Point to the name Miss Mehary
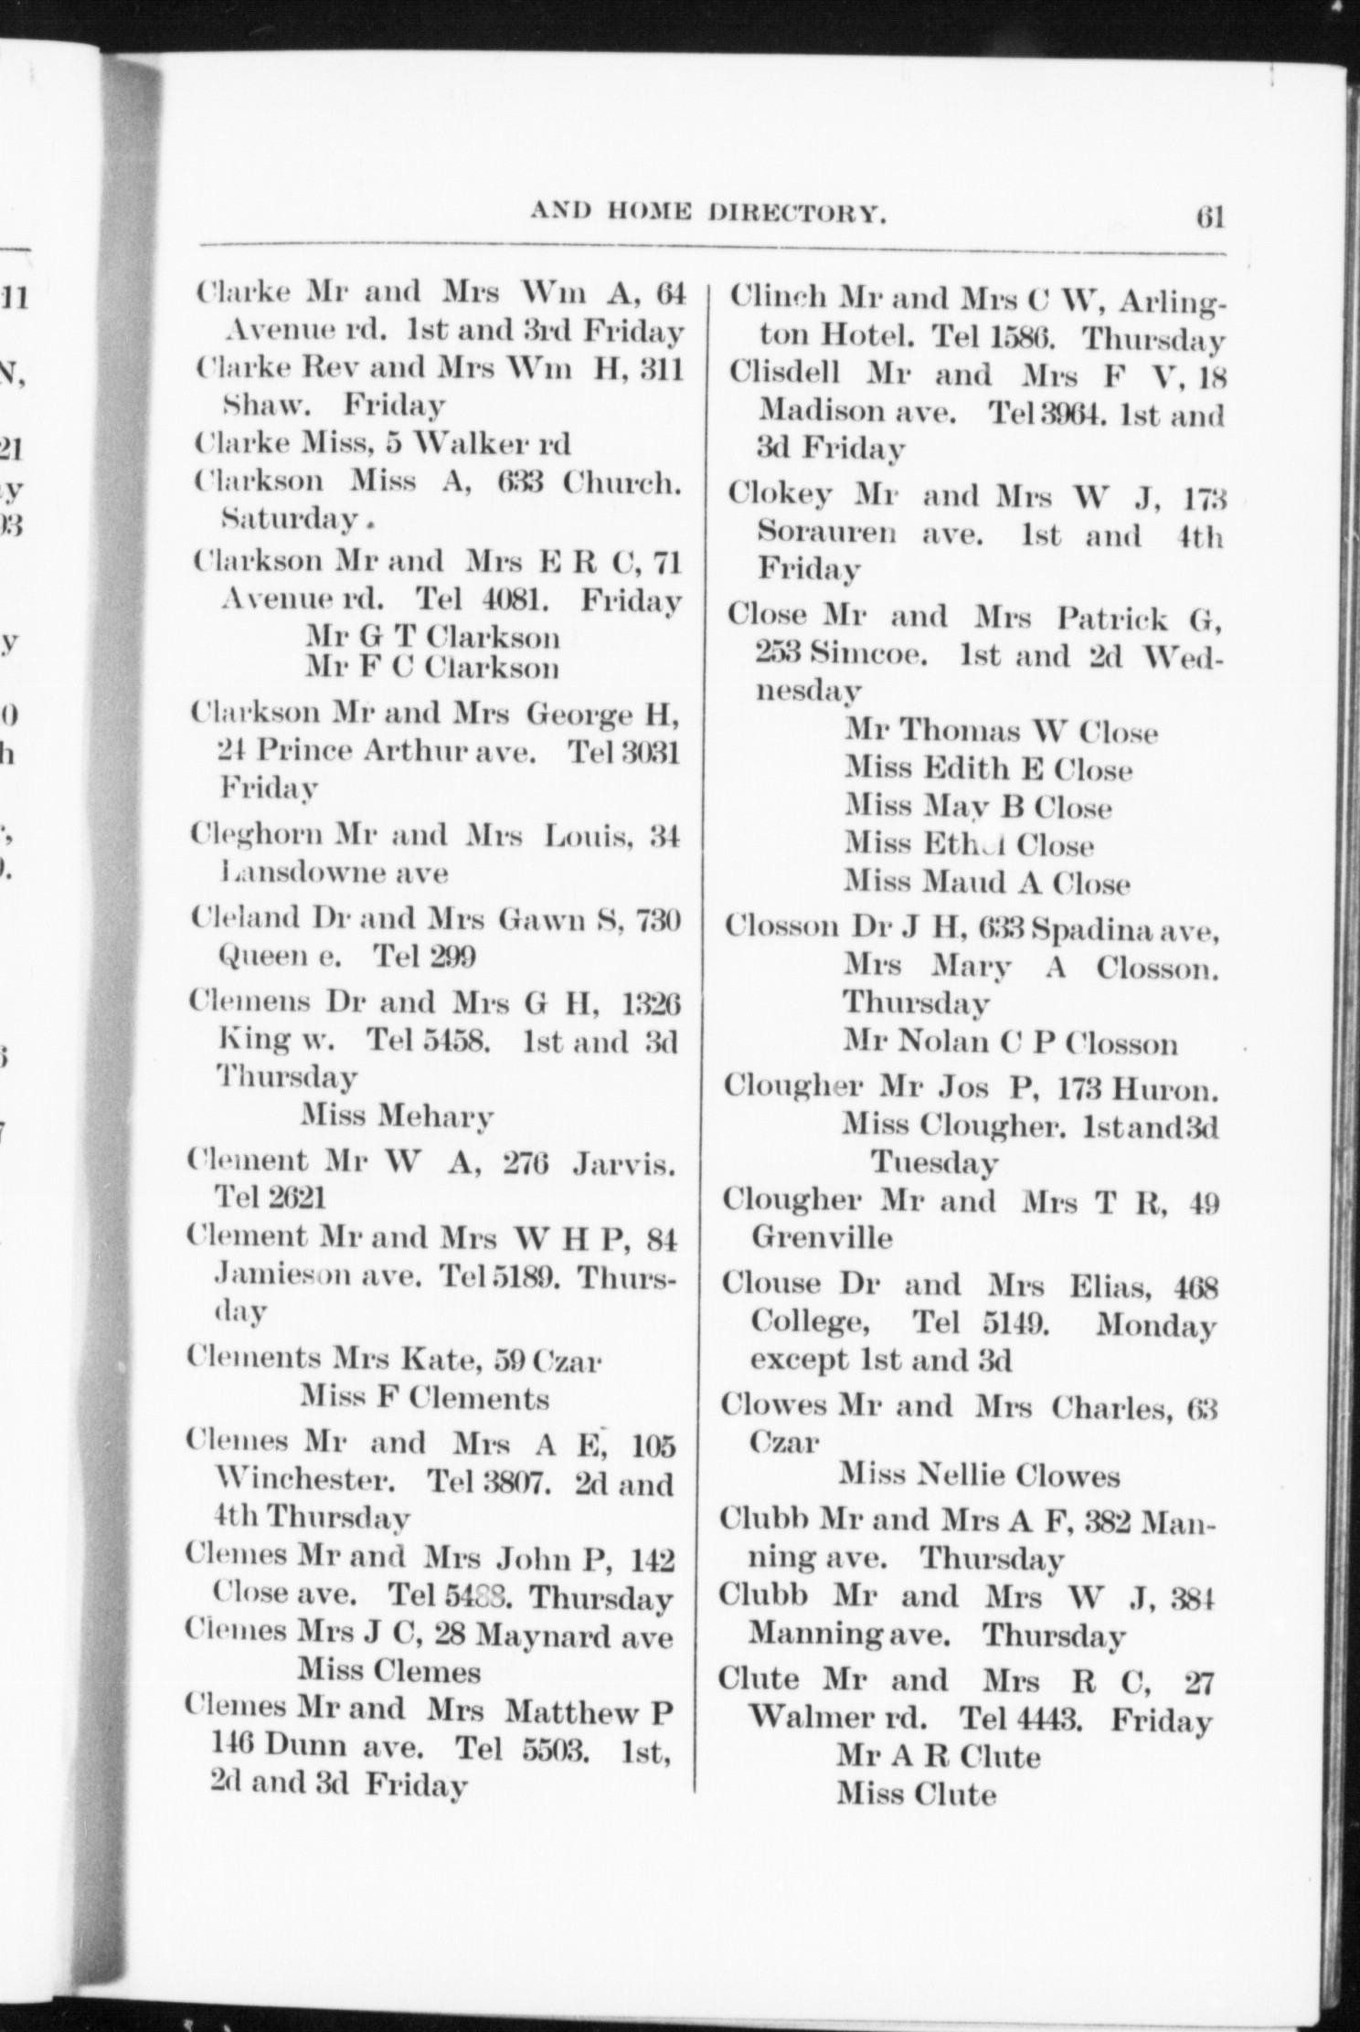tap(398, 1117)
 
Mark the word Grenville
tap(822, 1239)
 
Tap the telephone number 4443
tap(1048, 1721)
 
